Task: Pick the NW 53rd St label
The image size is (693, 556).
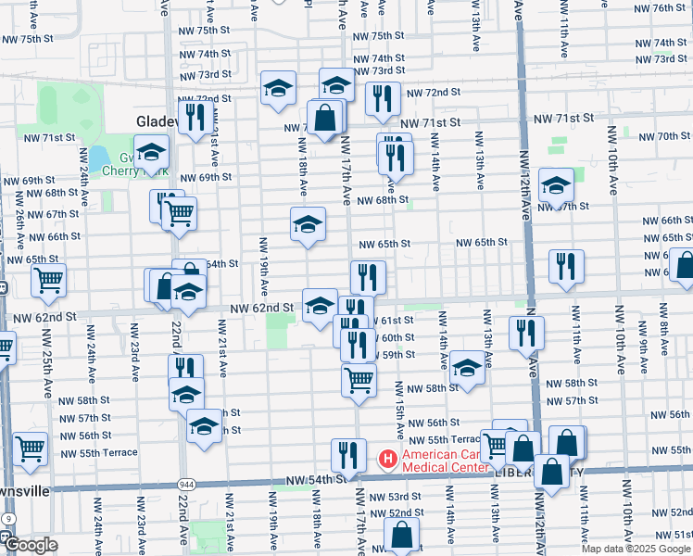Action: coord(401,498)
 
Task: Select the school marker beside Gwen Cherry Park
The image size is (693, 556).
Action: coord(151,151)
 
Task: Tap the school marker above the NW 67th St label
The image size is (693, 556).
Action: coord(557,184)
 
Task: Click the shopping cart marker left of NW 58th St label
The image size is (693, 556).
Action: coord(359,378)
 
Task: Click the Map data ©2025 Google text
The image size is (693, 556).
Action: coord(635,549)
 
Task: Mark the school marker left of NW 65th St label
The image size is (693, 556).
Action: coord(309,223)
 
